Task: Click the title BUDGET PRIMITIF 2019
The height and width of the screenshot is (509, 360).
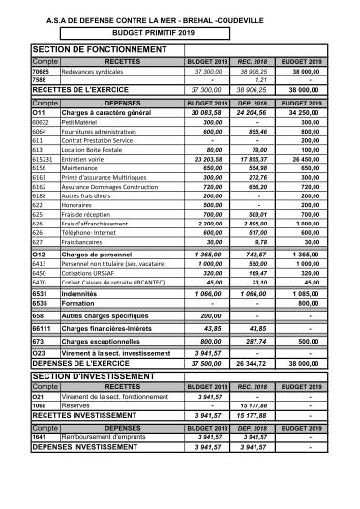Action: pyautogui.click(x=179, y=30)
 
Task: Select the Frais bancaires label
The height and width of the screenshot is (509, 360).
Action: pyautogui.click(x=83, y=242)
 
